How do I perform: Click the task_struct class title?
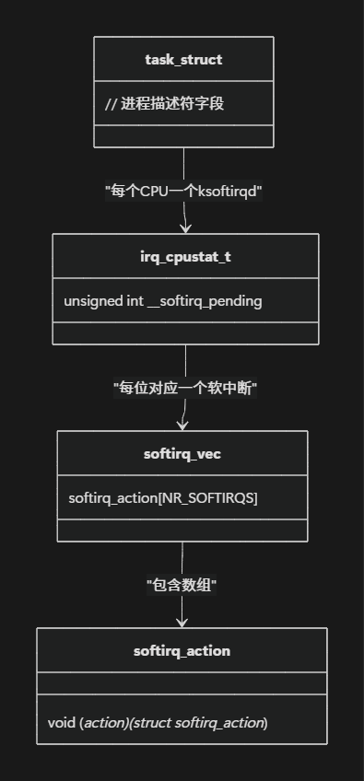pyautogui.click(x=183, y=60)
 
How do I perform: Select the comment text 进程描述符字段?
pyautogui.click(x=172, y=103)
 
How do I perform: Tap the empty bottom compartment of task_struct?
pyautogui.click(x=183, y=135)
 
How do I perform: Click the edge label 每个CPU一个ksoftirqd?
pyautogui.click(x=184, y=192)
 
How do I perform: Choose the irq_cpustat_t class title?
pyautogui.click(x=185, y=257)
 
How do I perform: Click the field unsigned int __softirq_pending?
pyautogui.click(x=162, y=301)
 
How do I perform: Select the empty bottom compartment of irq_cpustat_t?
pyautogui.click(x=185, y=332)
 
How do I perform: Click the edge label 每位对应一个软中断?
pyautogui.click(x=184, y=389)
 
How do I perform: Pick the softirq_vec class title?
pyautogui.click(x=182, y=454)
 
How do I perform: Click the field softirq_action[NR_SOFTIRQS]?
pyautogui.click(x=163, y=498)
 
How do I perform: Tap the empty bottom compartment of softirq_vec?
pyautogui.click(x=182, y=530)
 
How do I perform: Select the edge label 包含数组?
pyautogui.click(x=182, y=585)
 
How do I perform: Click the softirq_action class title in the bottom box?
pyautogui.click(x=182, y=651)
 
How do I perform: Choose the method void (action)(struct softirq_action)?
pyautogui.click(x=158, y=723)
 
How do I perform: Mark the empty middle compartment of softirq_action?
pyautogui.click(x=182, y=684)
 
